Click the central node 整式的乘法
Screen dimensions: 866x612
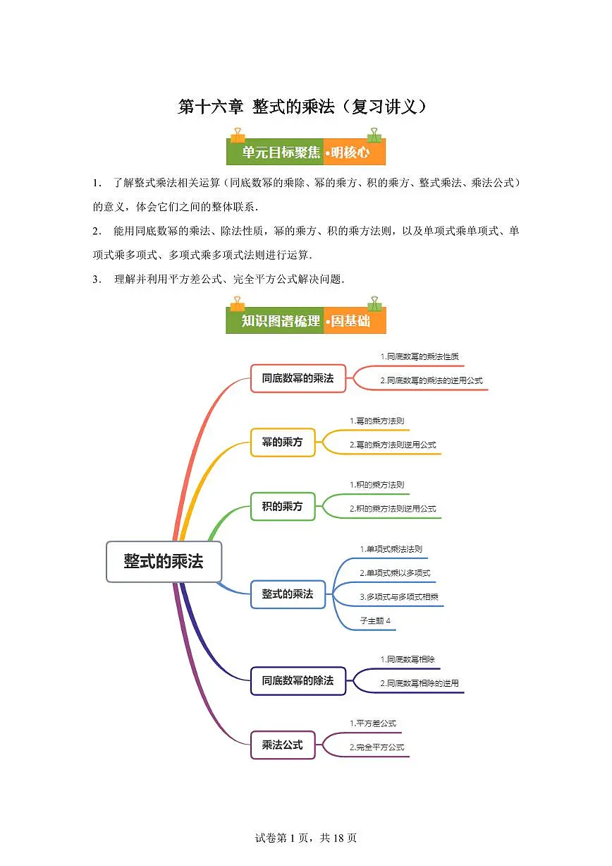164,561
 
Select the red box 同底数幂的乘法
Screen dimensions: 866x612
298,378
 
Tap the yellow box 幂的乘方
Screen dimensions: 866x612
282,443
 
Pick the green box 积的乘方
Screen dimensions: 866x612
282,506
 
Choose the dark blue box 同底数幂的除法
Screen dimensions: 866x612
298,681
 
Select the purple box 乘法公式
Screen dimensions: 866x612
282,745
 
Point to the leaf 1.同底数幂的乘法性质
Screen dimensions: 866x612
420,356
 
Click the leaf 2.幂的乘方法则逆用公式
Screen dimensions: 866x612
393,445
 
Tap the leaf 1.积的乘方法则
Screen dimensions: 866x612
377,485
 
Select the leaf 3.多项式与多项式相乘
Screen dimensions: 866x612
399,597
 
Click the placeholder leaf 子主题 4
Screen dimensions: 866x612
375,620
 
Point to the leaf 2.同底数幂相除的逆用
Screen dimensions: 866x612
419,683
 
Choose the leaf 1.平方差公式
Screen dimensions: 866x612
373,723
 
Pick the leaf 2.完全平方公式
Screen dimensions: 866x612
377,747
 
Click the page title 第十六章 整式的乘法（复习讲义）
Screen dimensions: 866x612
302,107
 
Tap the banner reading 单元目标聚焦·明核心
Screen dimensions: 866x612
305,152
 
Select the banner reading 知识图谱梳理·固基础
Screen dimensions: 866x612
305,321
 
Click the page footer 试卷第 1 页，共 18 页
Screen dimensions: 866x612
305,838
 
